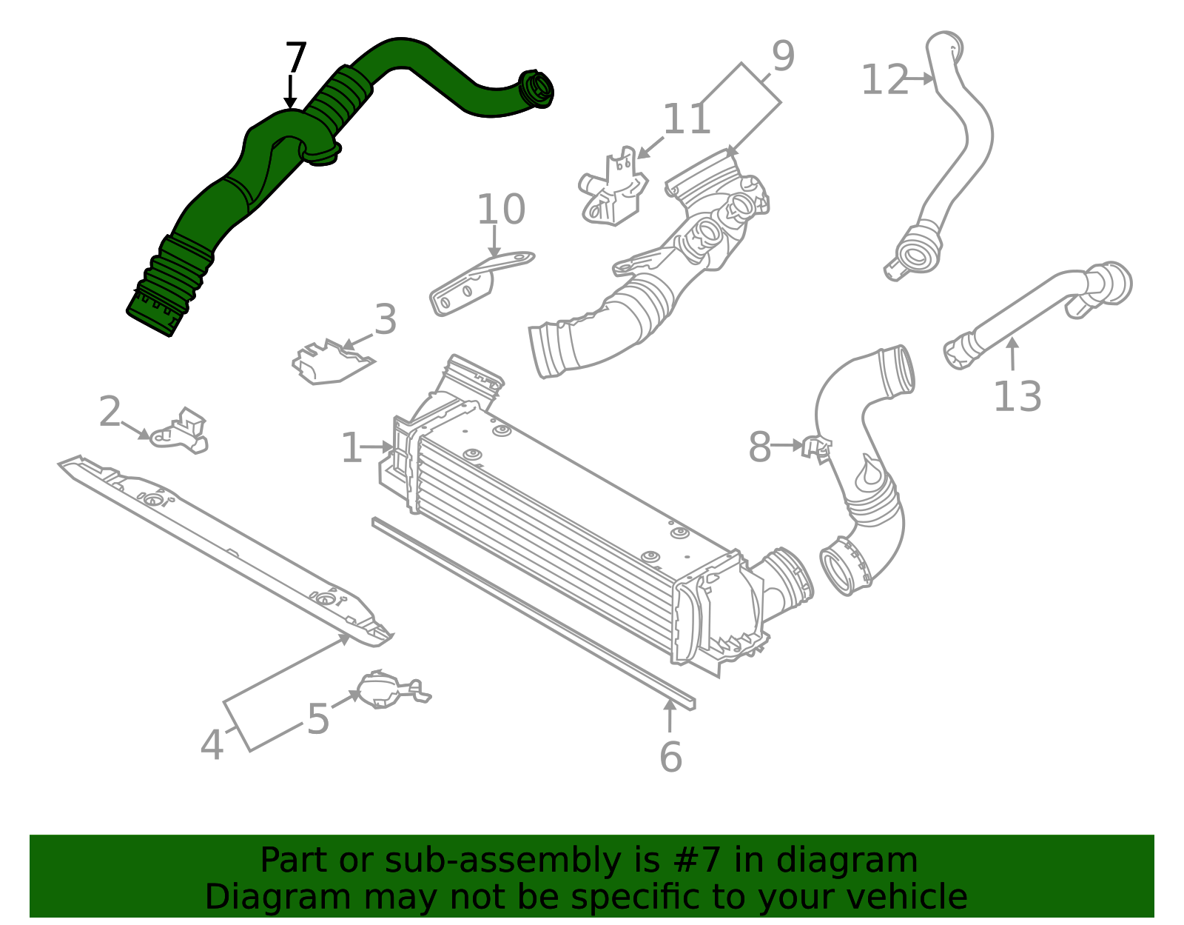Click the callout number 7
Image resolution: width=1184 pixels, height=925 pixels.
[296, 57]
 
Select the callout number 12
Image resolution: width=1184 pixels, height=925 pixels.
[886, 79]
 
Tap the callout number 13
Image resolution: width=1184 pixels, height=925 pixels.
[1017, 397]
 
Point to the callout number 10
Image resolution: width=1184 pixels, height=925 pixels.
[501, 209]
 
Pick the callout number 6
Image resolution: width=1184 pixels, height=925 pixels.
[670, 757]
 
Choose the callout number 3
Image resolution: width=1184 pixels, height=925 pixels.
[386, 319]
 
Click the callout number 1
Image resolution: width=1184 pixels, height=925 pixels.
[351, 447]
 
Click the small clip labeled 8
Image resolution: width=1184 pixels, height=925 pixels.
[817, 448]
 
